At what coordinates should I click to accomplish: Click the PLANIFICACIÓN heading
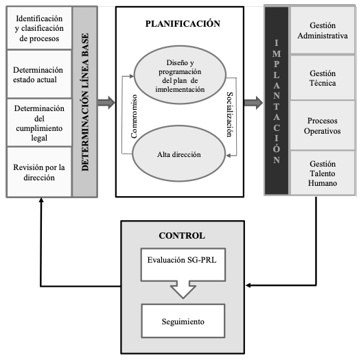[x=183, y=24]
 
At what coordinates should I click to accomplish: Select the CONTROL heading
[x=182, y=236]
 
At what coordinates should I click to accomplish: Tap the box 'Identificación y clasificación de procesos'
[x=39, y=28]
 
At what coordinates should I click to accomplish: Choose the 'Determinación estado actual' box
[x=39, y=74]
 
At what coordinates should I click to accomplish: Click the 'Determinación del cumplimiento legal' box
[x=39, y=123]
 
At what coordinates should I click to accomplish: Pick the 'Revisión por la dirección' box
[x=39, y=172]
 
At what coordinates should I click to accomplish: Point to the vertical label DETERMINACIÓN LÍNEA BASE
[x=85, y=102]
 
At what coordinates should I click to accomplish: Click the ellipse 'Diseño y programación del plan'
[x=180, y=75]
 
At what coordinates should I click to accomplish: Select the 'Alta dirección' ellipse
[x=179, y=154]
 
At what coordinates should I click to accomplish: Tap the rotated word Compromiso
[x=134, y=117]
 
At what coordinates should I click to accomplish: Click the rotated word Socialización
[x=230, y=115]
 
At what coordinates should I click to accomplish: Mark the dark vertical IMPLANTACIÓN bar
[x=277, y=101]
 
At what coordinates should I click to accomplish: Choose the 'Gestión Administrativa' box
[x=323, y=30]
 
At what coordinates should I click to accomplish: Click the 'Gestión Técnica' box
[x=323, y=77]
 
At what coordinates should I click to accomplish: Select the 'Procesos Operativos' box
[x=323, y=125]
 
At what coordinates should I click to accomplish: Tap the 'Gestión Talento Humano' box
[x=323, y=173]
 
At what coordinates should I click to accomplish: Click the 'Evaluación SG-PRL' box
[x=183, y=265]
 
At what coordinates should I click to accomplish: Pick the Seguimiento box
[x=183, y=321]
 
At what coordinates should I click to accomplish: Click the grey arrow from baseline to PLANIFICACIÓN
[x=106, y=103]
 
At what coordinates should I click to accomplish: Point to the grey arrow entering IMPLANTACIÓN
[x=253, y=103]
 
